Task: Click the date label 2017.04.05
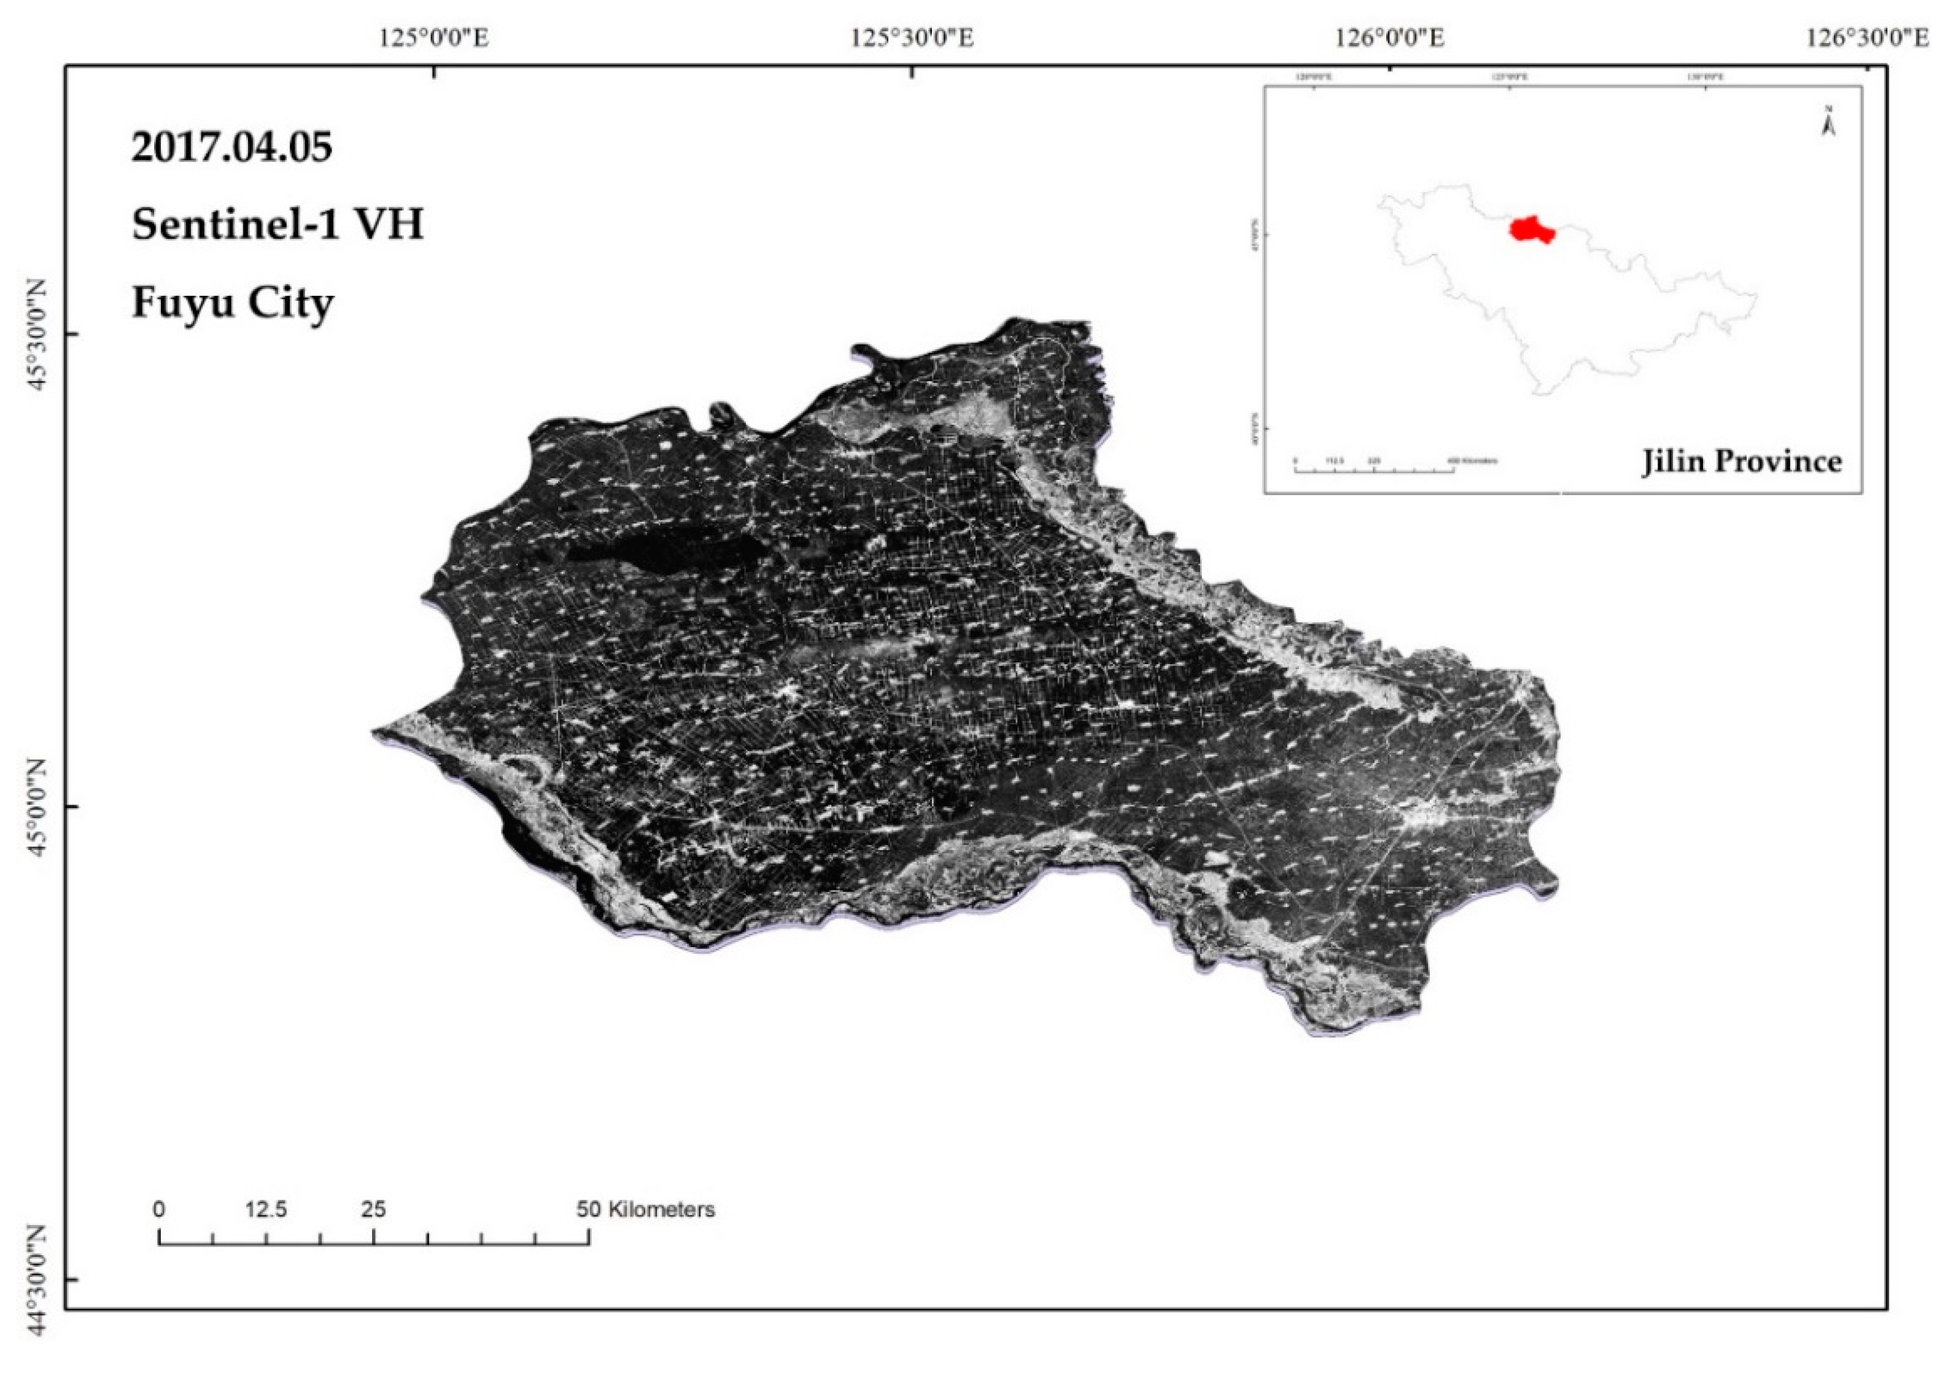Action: point(231,147)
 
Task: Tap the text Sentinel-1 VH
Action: point(277,225)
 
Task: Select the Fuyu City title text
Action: point(232,302)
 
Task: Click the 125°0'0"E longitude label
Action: point(435,38)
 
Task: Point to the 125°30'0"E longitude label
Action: point(912,38)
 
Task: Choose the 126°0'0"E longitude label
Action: point(1390,38)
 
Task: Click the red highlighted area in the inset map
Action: point(1531,230)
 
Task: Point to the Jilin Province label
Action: point(1741,462)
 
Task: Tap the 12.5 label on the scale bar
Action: point(266,1209)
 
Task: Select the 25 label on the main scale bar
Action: point(373,1209)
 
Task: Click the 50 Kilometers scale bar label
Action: point(645,1209)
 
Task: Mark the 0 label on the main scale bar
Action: point(159,1209)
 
